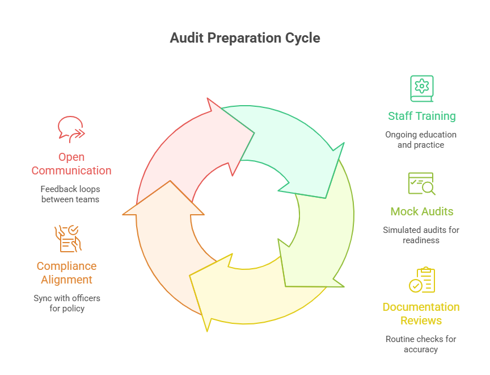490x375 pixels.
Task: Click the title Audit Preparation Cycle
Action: pyautogui.click(x=245, y=38)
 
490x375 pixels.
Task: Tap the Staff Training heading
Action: pyautogui.click(x=421, y=116)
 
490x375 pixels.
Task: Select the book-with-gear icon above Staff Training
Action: pyautogui.click(x=421, y=88)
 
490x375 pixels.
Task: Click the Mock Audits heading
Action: pyautogui.click(x=421, y=211)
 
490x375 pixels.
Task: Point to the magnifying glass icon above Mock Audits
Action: pyautogui.click(x=421, y=184)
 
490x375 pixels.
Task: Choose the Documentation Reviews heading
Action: pyautogui.click(x=421, y=314)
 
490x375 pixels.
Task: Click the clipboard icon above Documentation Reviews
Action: pyautogui.click(x=421, y=280)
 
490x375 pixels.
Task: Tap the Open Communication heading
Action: pyautogui.click(x=71, y=164)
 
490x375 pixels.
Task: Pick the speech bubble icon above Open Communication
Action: pyautogui.click(x=71, y=129)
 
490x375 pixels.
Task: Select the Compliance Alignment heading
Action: pyautogui.click(x=66, y=273)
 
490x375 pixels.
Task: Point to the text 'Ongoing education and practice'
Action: pyautogui.click(x=421, y=140)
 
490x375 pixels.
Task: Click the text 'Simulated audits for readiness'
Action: pyautogui.click(x=421, y=235)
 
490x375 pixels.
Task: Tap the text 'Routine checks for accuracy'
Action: pyautogui.click(x=421, y=344)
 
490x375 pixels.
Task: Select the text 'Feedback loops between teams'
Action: pyautogui.click(x=70, y=194)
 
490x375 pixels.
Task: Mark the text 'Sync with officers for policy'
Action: pyautogui.click(x=66, y=303)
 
